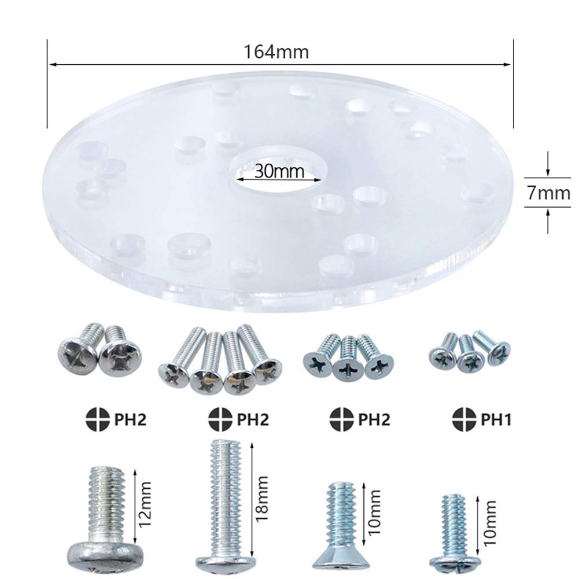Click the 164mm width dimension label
click(275, 51)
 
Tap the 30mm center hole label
click(279, 171)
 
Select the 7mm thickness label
click(548, 193)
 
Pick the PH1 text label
click(496, 419)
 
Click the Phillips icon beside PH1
click(464, 419)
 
